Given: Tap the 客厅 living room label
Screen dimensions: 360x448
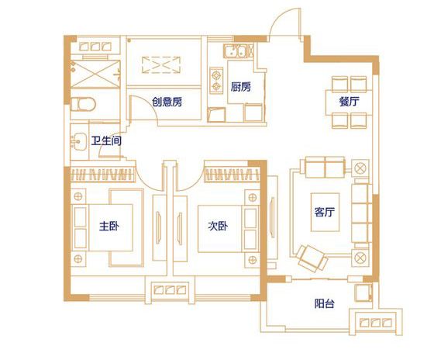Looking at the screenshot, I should pos(324,213).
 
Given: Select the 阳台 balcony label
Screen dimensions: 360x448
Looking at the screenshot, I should pos(324,303).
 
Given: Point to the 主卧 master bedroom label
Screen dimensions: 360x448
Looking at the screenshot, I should pos(109,227).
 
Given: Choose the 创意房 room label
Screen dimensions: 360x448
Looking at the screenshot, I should pos(167,102).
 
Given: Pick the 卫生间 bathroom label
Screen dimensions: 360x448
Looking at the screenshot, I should pos(105,141).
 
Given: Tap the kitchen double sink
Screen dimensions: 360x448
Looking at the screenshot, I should pos(235,54).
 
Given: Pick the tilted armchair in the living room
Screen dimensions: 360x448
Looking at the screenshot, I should pos(311,253).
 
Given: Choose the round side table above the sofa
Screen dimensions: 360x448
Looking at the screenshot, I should pos(360,166).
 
